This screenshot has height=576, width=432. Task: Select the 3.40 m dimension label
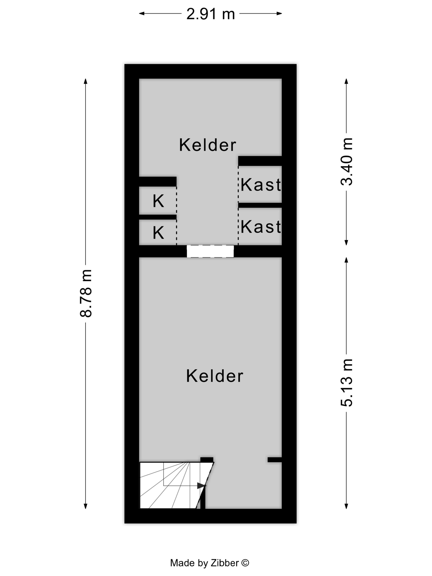coord(347,162)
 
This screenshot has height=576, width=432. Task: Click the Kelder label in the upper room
coord(208,145)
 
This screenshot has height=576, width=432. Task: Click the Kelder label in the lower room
coord(215,376)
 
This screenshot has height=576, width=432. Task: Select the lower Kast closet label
coord(261,226)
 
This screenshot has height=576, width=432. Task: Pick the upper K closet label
coord(158,201)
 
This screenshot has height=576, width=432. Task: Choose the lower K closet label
coord(158,232)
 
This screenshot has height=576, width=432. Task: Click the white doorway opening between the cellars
coord(210,251)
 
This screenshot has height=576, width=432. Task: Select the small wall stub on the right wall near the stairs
coord(275,460)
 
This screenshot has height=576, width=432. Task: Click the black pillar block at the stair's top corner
coord(207,460)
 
